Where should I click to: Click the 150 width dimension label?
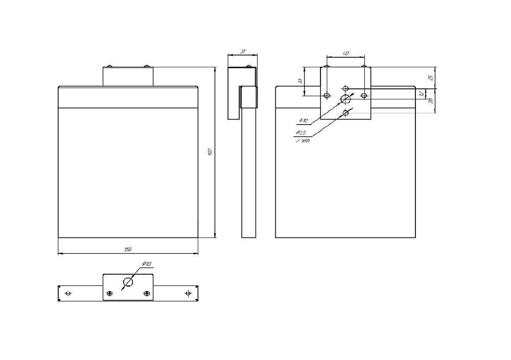[x=128, y=249]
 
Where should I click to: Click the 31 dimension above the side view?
[x=243, y=52]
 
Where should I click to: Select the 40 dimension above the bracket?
[x=346, y=53]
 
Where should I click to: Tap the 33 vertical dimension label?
[x=300, y=81]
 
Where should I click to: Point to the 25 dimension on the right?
[x=430, y=78]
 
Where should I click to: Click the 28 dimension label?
[x=430, y=101]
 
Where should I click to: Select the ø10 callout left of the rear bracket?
[x=304, y=121]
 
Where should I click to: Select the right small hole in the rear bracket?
[x=364, y=95]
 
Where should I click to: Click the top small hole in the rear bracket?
[x=346, y=87]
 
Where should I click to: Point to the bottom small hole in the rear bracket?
[x=346, y=112]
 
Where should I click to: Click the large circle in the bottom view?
[x=128, y=282]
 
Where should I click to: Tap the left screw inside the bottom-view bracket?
[x=110, y=293]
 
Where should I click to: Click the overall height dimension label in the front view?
[x=210, y=152]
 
